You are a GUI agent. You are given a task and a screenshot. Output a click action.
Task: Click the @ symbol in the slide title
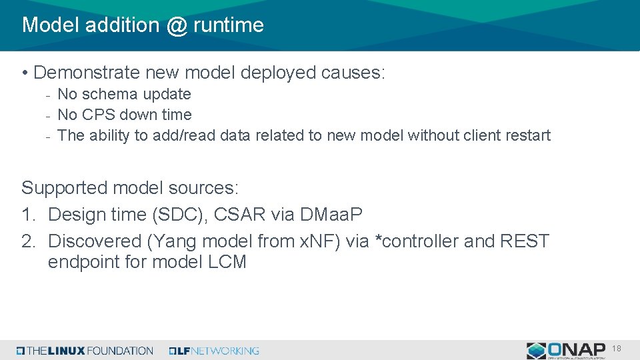(177, 25)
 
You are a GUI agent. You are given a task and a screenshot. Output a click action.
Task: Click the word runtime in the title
(229, 25)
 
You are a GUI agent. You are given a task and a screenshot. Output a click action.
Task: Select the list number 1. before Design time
(29, 215)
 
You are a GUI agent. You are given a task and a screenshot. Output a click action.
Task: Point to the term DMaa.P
(331, 215)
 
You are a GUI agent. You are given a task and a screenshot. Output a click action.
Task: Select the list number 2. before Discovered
(29, 241)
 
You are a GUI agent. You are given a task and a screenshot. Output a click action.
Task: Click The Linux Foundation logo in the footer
(85, 351)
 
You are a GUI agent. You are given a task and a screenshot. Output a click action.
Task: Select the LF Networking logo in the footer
(214, 351)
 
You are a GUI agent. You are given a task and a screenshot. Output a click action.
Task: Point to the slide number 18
(617, 349)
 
